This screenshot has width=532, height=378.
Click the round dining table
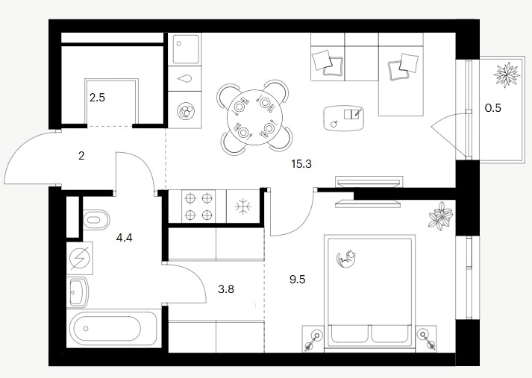click(x=254, y=117)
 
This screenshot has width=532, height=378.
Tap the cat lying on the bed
click(x=346, y=258)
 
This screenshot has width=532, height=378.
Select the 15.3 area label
click(x=301, y=164)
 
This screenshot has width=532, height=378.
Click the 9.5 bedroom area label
click(x=297, y=280)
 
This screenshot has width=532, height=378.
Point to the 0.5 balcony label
click(x=492, y=108)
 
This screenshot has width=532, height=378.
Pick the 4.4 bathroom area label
click(x=124, y=238)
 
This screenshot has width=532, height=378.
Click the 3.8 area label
click(x=226, y=289)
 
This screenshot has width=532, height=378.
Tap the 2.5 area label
click(x=97, y=98)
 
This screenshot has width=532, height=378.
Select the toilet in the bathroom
click(x=96, y=220)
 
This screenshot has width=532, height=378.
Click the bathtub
click(x=113, y=328)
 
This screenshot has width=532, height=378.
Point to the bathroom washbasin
click(x=78, y=292)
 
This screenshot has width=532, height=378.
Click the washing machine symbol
click(x=80, y=258)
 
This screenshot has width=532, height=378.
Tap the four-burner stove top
click(x=198, y=206)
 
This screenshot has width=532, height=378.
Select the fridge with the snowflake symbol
click(x=243, y=206)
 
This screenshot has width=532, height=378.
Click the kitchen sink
click(x=185, y=48)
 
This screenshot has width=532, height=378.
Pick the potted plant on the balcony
click(x=507, y=75)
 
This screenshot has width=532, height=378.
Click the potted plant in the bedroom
click(x=440, y=216)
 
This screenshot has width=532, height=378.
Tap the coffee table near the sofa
click(x=344, y=118)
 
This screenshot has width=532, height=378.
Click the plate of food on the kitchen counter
click(x=185, y=111)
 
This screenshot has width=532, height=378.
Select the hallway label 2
click(x=81, y=156)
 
